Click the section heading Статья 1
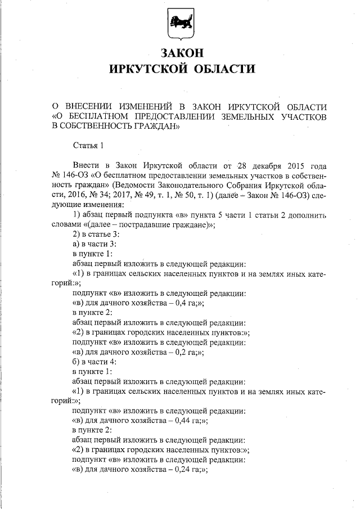point(89,147)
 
